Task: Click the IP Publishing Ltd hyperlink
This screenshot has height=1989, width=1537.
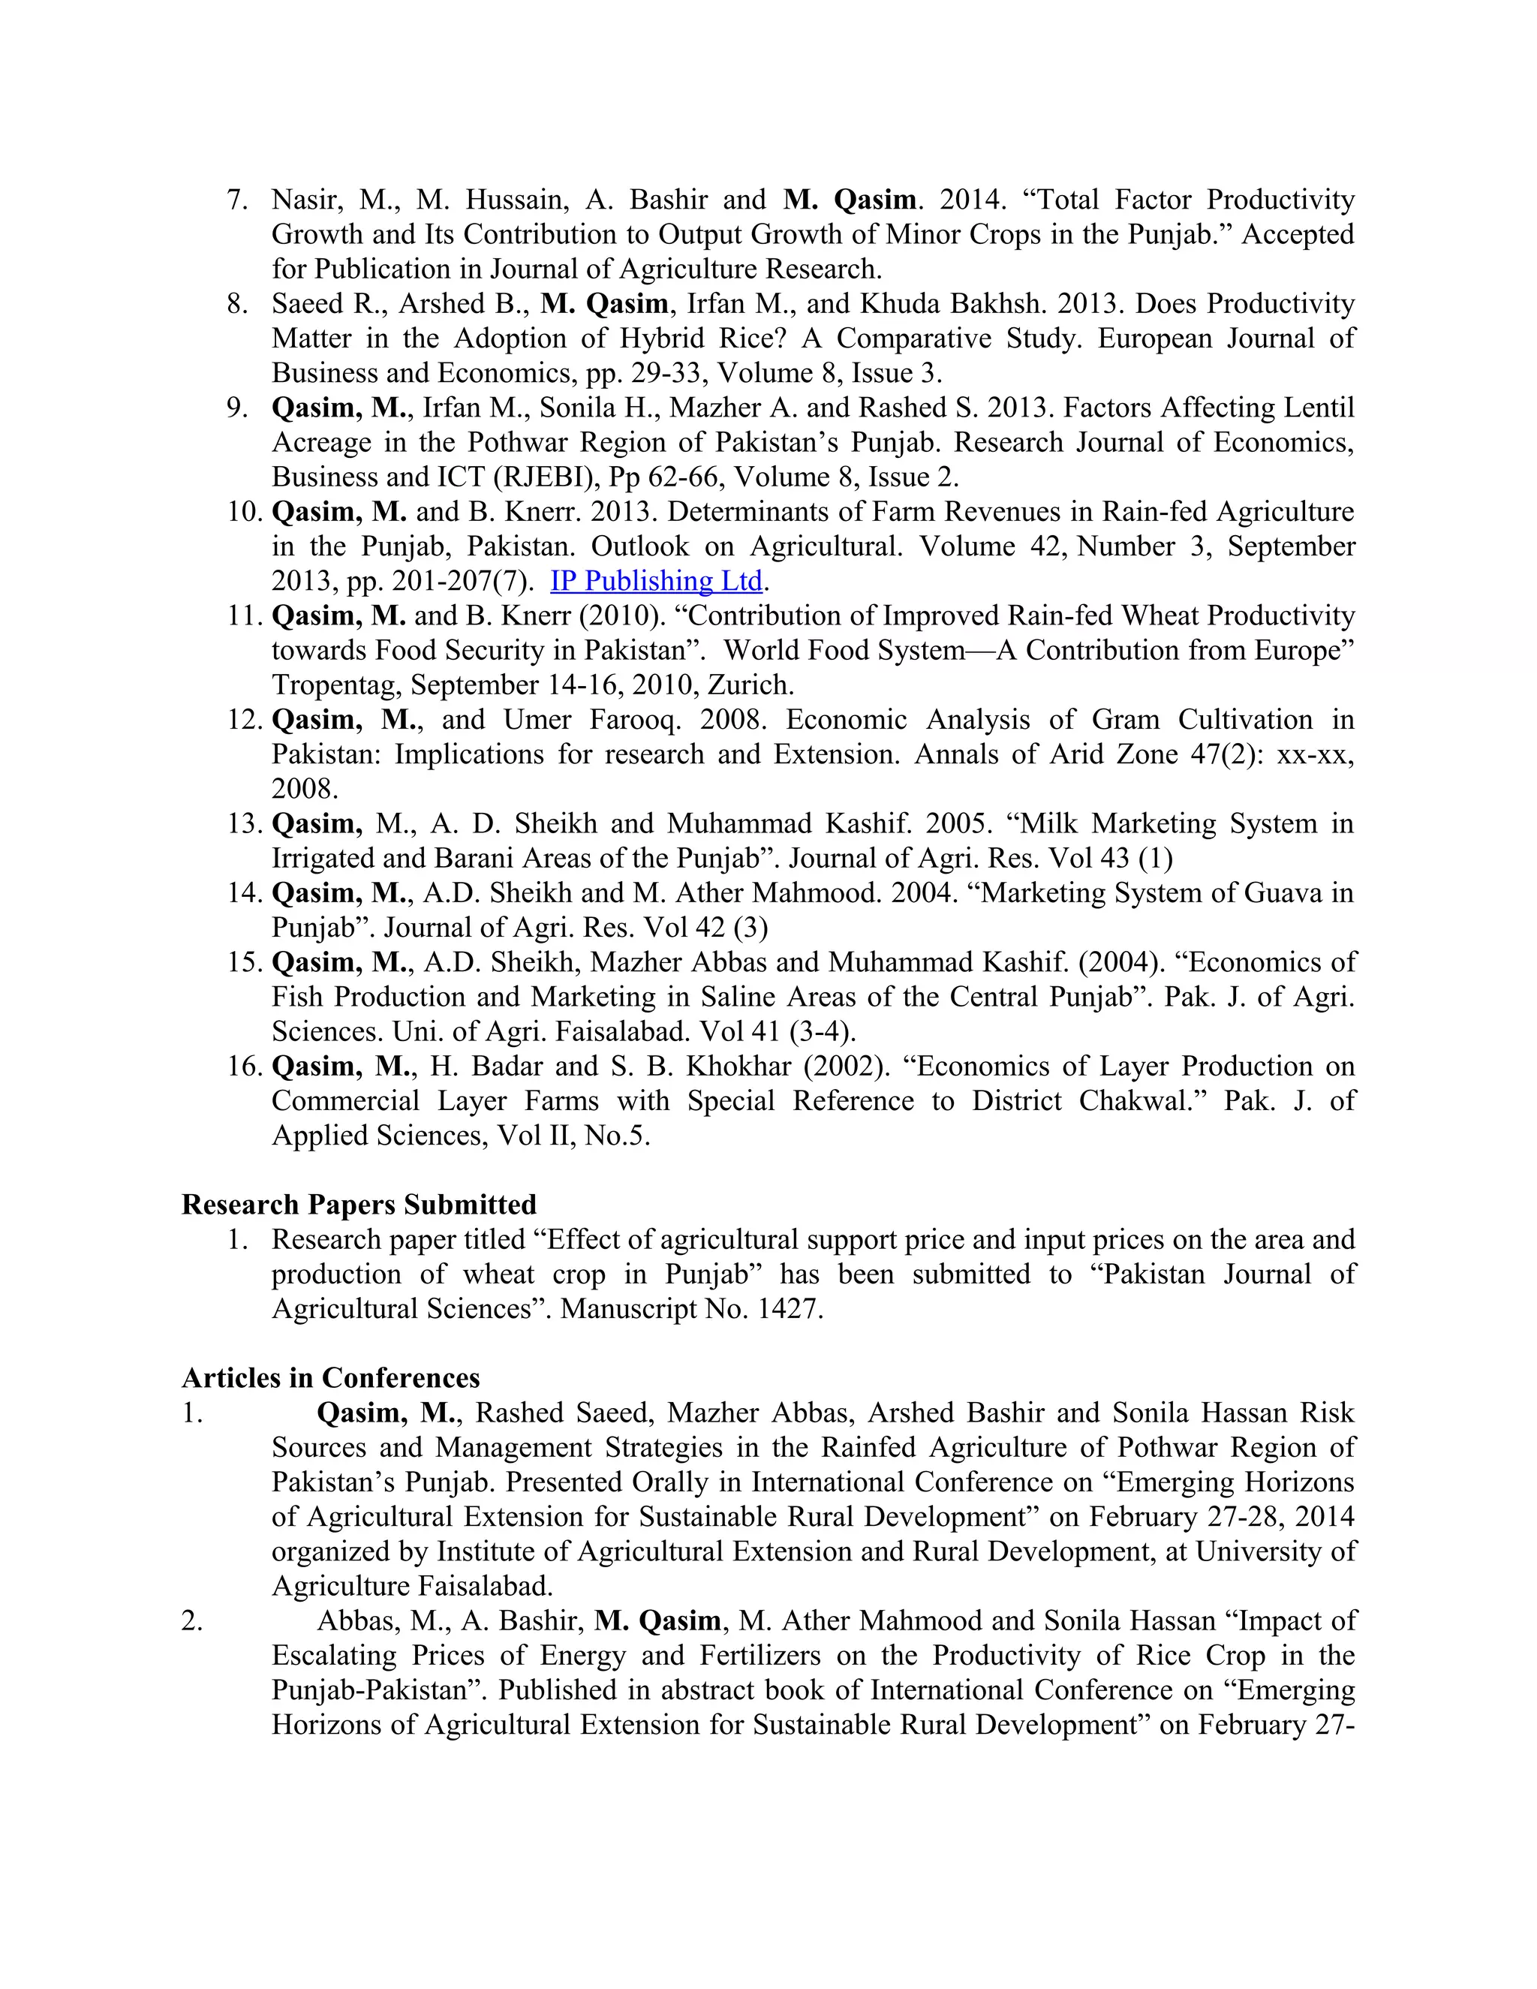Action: [656, 581]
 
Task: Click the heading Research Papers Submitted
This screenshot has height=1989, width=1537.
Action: [359, 1205]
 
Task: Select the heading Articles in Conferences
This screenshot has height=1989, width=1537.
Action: [330, 1378]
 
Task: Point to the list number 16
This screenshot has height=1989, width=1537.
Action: [243, 1067]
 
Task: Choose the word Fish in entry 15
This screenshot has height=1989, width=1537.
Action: [297, 998]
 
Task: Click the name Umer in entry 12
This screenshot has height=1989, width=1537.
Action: [537, 720]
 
